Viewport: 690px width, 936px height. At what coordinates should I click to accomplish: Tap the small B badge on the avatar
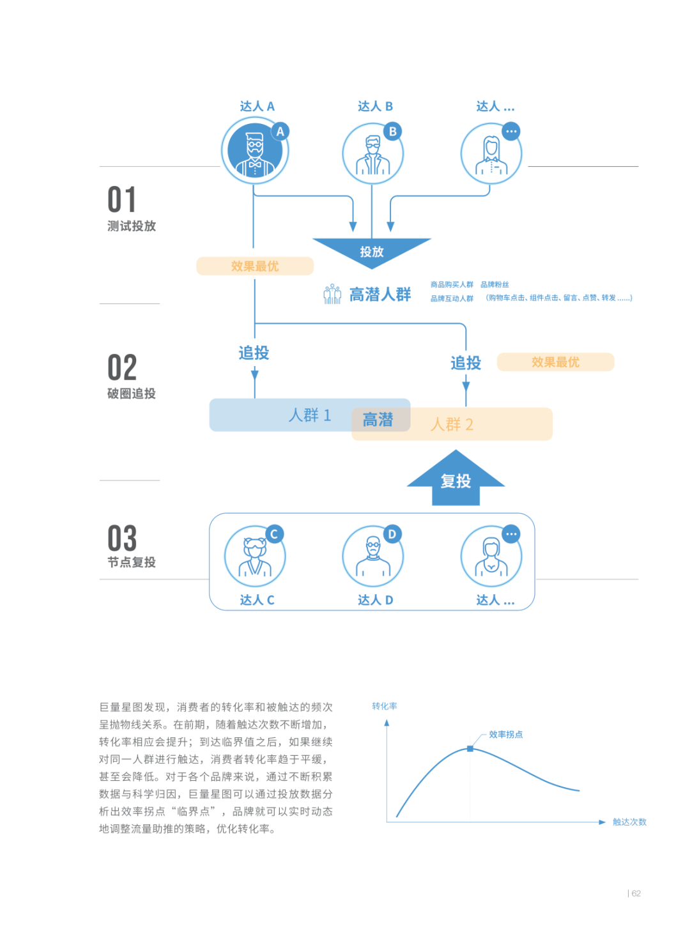click(393, 132)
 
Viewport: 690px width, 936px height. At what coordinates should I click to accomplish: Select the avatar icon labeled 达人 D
click(373, 556)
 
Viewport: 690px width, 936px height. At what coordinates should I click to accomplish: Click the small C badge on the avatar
click(274, 534)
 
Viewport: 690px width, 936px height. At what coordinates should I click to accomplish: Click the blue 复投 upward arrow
click(456, 480)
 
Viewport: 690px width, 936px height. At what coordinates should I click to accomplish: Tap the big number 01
click(122, 200)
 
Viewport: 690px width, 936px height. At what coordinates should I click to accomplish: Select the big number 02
click(122, 368)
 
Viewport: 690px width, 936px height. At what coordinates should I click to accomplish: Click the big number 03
click(122, 539)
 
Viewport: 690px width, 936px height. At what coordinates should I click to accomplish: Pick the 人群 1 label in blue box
click(310, 415)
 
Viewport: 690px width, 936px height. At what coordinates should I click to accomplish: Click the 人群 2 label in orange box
click(452, 424)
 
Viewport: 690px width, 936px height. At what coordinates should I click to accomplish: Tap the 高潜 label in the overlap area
click(378, 420)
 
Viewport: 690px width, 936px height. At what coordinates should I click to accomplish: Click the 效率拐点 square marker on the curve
click(470, 748)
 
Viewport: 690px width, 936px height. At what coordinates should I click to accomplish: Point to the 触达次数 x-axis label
click(629, 822)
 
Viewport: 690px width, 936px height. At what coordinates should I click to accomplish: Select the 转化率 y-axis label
click(385, 706)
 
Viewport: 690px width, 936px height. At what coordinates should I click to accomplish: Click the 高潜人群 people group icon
click(332, 295)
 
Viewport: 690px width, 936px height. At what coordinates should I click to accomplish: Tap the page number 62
click(636, 893)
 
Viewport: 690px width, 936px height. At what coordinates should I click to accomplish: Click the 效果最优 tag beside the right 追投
click(555, 362)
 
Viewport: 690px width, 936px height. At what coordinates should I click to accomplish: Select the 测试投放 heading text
click(132, 226)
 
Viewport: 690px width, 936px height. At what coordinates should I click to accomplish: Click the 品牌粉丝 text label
click(494, 284)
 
